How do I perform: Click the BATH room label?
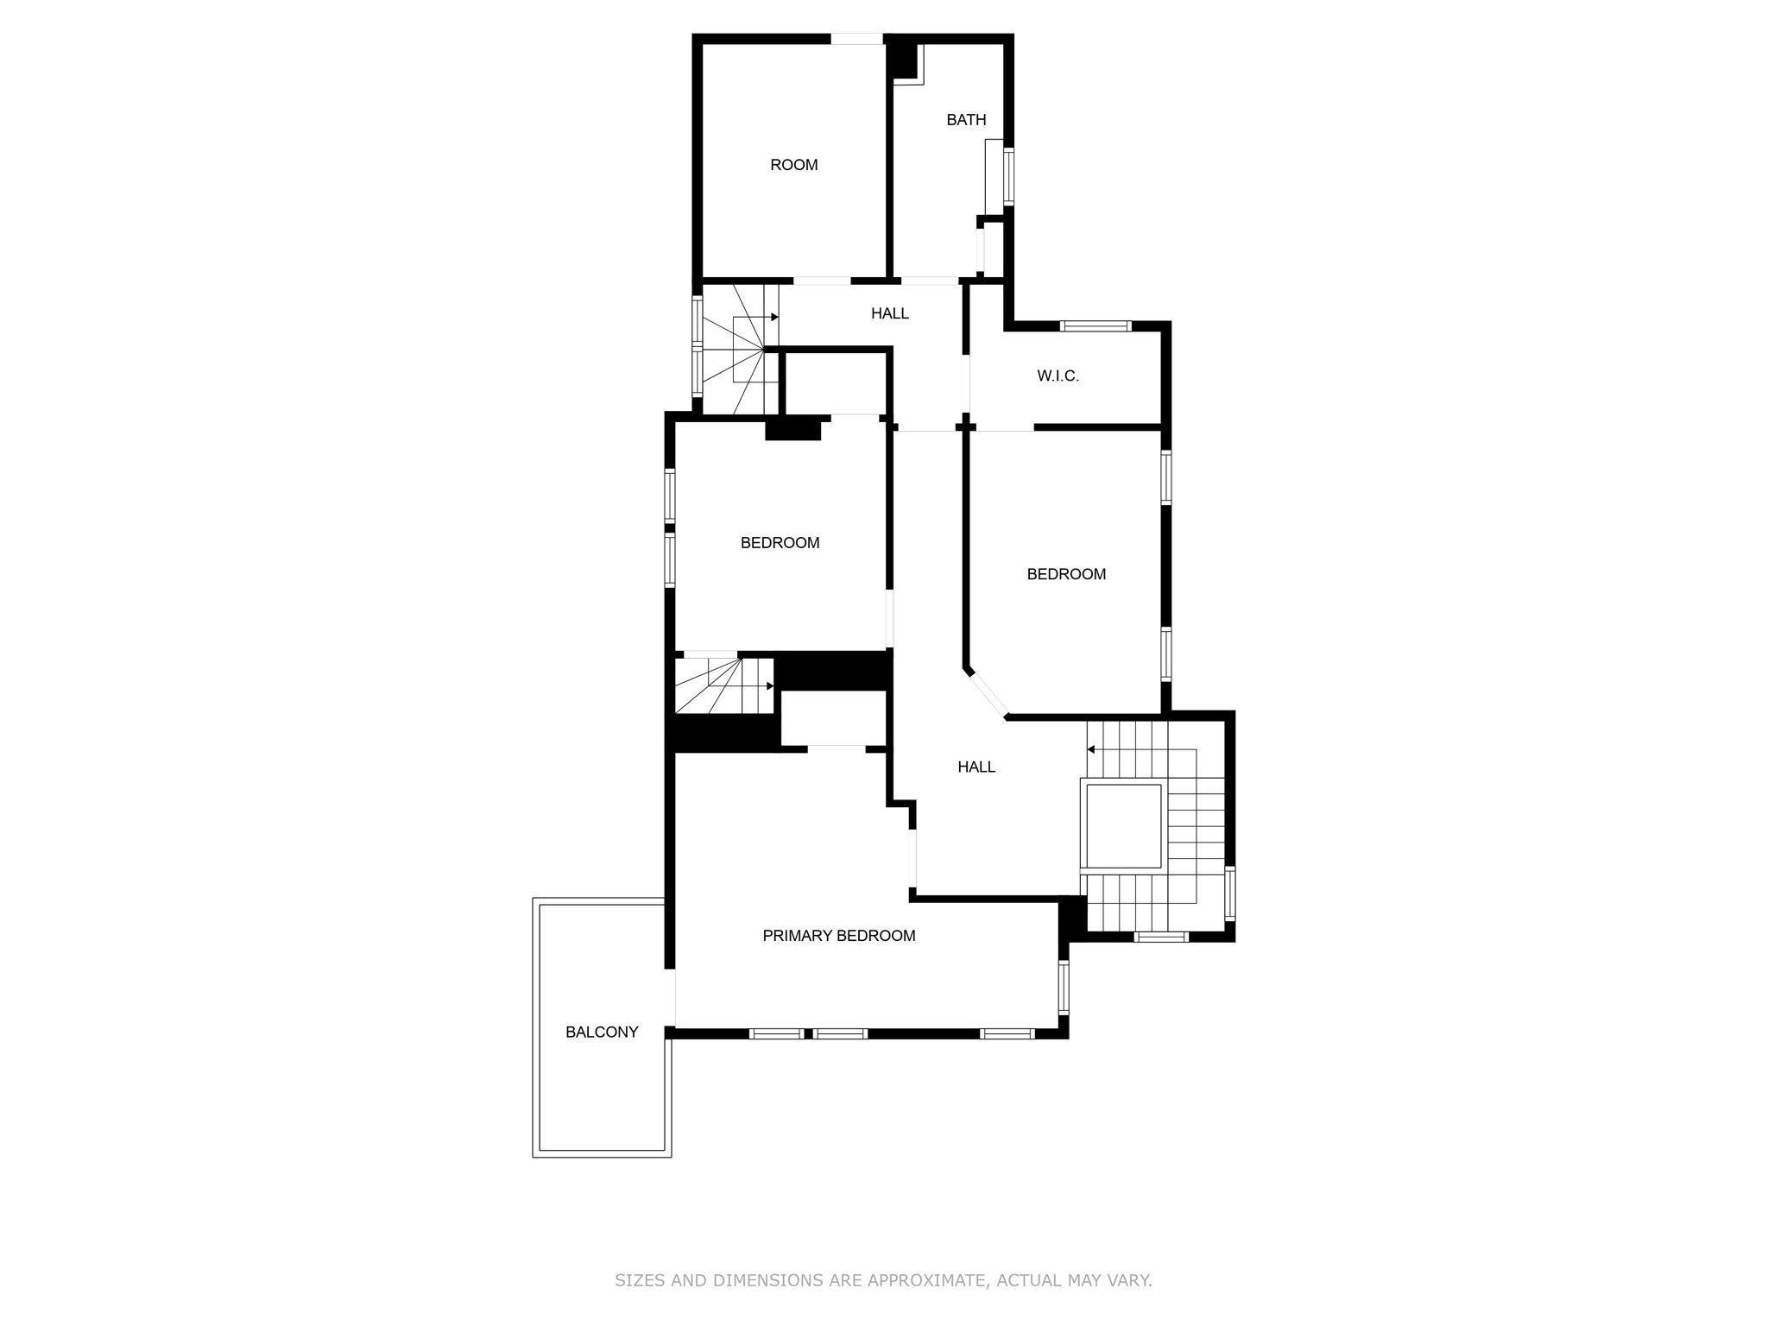[x=966, y=120]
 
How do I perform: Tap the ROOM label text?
[x=793, y=165]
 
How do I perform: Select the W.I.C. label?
[x=1058, y=376]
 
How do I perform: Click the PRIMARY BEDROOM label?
[x=838, y=936]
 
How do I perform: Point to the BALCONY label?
[x=602, y=1032]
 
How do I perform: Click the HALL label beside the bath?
[x=889, y=313]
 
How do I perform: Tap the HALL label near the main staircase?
[x=976, y=767]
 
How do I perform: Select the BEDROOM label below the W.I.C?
[x=1066, y=574]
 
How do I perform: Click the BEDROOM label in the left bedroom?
[x=780, y=543]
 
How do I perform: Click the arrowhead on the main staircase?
[x=1091, y=749]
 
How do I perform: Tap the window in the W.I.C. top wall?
[x=1095, y=326]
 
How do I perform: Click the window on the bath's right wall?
[x=1008, y=177]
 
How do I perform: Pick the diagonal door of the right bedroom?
[x=987, y=696]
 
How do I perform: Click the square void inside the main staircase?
[x=1123, y=825]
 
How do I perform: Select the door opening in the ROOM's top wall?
[x=856, y=39]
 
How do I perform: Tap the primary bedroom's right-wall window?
[x=1064, y=988]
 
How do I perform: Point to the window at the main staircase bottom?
[x=1161, y=937]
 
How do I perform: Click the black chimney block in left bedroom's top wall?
[x=792, y=429]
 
